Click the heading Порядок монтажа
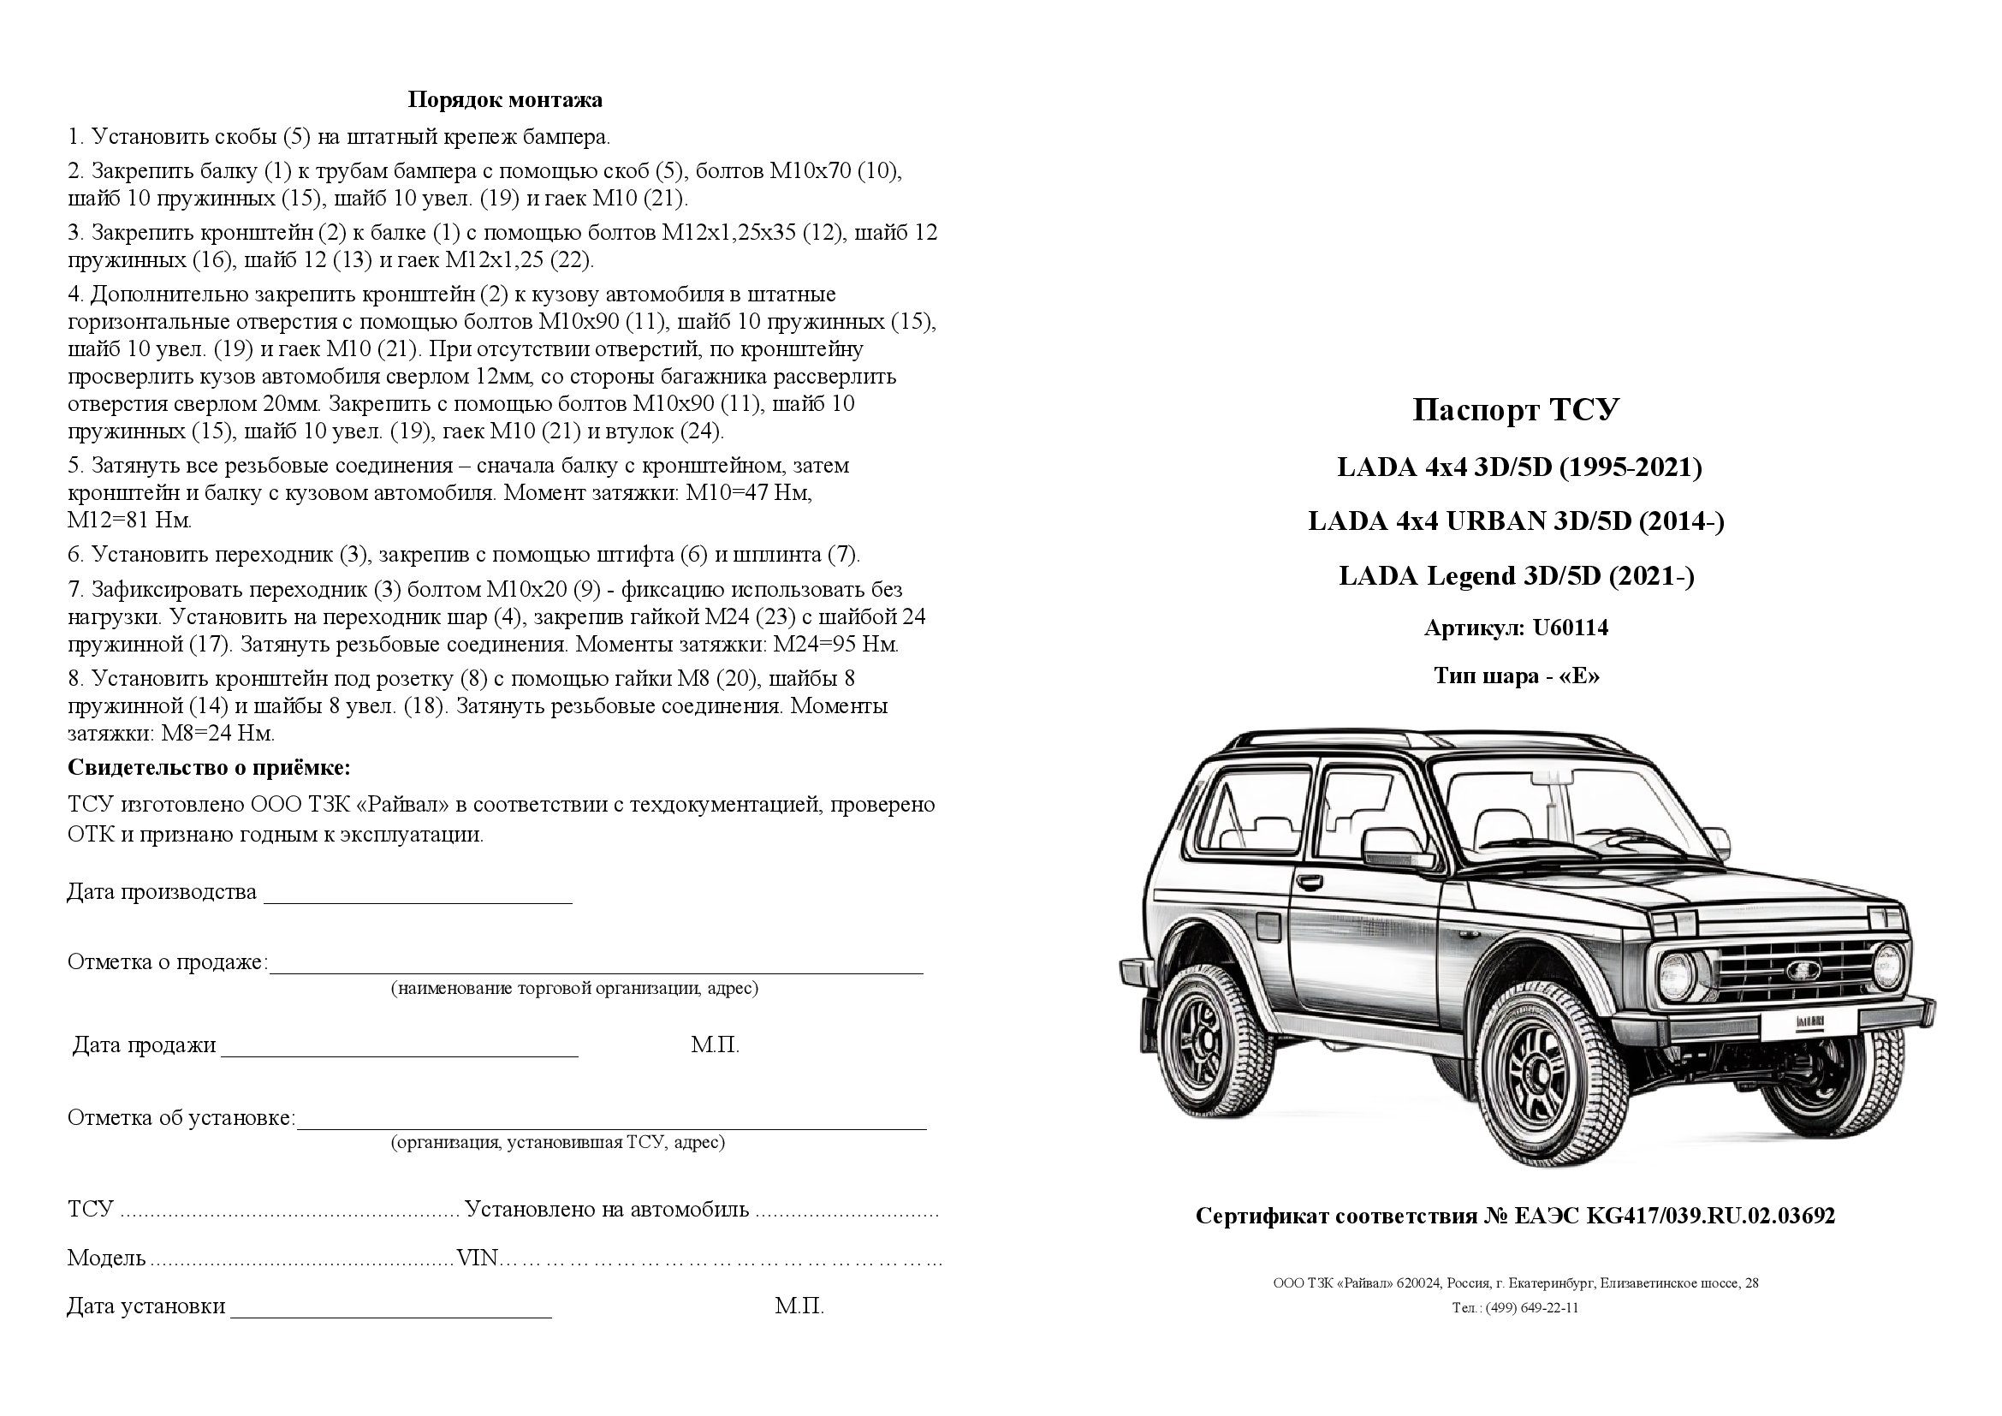click(x=505, y=100)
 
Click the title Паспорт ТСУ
click(x=1516, y=410)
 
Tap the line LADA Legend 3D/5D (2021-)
click(x=1516, y=576)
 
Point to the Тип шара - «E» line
click(x=1517, y=675)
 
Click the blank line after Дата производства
click(x=418, y=897)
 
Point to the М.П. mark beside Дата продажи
click(x=715, y=1045)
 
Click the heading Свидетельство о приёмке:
click(x=209, y=768)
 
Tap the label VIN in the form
click(x=478, y=1258)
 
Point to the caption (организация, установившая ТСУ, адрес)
click(x=558, y=1142)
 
